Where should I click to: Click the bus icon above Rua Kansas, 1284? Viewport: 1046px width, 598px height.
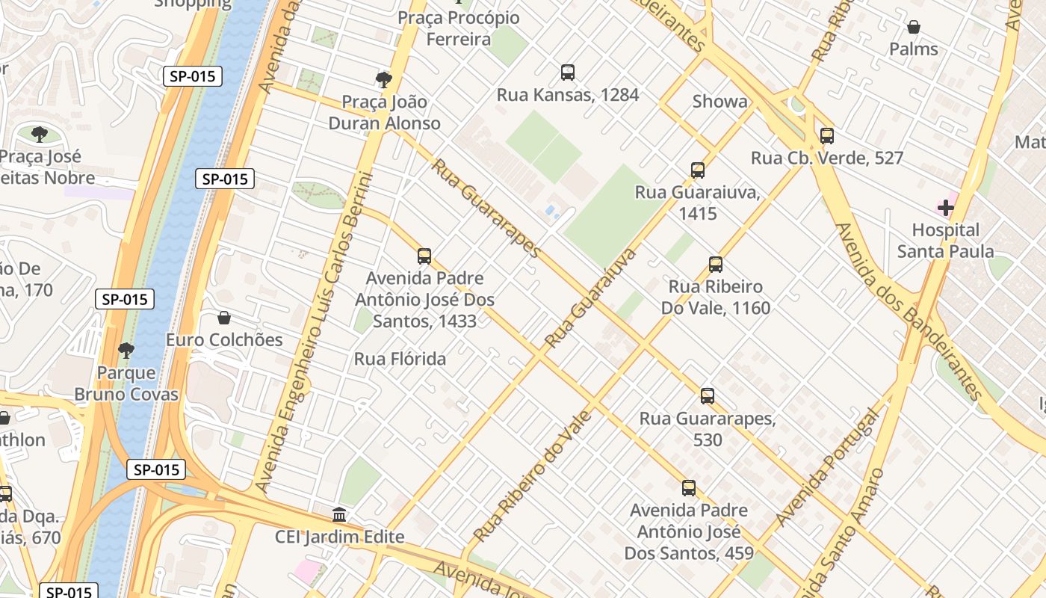(568, 73)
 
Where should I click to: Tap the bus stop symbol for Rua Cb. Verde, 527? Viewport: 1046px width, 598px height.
(826, 136)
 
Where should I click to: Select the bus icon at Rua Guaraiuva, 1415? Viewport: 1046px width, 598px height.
(698, 170)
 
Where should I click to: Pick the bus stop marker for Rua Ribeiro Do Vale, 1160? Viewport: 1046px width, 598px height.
(716, 265)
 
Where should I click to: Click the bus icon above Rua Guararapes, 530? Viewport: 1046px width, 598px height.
(708, 396)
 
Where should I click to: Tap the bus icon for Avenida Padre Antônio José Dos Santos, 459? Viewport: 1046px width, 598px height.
(689, 488)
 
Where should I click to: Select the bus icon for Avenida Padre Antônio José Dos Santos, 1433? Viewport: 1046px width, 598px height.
(424, 256)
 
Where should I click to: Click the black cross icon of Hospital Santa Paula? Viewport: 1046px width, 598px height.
(945, 207)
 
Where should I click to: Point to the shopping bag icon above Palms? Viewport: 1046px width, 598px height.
(913, 28)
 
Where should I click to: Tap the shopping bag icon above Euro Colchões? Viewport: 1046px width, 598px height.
(224, 318)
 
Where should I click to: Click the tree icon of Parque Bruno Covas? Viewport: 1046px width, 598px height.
(126, 350)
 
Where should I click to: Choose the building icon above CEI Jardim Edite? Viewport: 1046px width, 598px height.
(340, 515)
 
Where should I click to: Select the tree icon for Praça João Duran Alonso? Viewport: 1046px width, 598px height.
(384, 80)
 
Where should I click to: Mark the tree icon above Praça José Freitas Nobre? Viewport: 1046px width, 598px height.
(40, 135)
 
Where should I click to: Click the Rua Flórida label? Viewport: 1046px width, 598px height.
(400, 359)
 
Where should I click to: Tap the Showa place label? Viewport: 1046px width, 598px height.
(719, 102)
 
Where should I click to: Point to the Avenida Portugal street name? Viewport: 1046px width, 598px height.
(827, 467)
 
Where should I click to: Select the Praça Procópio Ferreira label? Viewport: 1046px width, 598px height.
(458, 28)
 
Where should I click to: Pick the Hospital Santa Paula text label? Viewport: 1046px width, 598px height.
(945, 241)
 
